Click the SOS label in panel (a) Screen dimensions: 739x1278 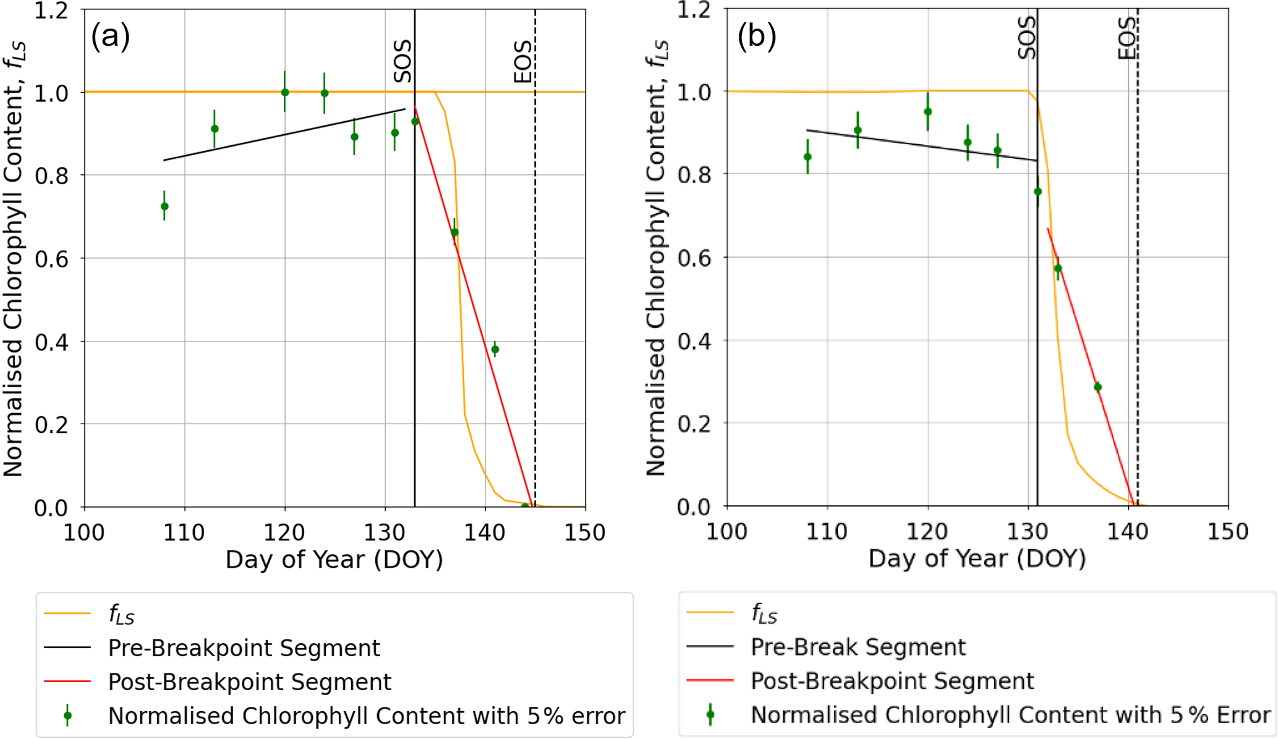pos(403,61)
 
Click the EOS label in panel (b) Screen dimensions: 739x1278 pos(1127,38)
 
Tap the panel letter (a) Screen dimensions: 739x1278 pos(110,36)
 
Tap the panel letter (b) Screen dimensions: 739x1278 pos(756,36)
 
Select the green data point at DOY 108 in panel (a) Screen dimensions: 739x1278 pos(164,206)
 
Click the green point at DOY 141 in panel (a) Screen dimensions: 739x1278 pos(495,349)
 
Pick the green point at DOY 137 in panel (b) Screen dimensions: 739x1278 pos(1097,387)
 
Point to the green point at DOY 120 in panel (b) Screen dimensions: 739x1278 pos(927,112)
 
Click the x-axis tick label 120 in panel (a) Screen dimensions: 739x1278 pos(284,532)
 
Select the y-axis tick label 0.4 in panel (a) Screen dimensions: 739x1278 pos(51,341)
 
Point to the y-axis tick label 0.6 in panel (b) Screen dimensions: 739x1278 pos(694,257)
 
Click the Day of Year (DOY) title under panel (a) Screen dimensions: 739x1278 pos(334,560)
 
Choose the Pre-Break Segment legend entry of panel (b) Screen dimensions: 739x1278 pos(858,647)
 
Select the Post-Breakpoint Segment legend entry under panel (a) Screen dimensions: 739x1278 pos(249,681)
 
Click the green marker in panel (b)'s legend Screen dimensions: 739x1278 pos(710,714)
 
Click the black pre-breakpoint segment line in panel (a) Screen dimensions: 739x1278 pos(284,135)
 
